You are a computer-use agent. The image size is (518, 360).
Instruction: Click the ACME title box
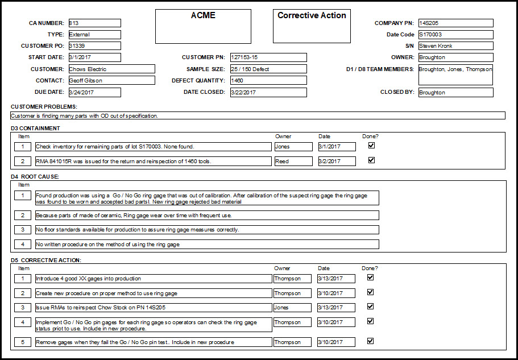click(x=203, y=26)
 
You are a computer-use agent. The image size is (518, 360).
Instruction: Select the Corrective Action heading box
click(x=312, y=26)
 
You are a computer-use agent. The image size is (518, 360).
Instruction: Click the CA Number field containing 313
click(x=94, y=23)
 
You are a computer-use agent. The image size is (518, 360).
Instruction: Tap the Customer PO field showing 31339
click(x=94, y=46)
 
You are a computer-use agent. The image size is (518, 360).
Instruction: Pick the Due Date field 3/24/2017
click(x=94, y=92)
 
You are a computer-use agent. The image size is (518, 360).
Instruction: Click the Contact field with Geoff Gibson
click(x=111, y=81)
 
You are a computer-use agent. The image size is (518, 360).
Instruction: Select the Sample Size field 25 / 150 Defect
click(x=268, y=69)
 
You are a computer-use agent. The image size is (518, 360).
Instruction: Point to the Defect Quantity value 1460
click(x=268, y=81)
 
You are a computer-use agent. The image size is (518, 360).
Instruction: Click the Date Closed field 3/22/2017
click(x=268, y=92)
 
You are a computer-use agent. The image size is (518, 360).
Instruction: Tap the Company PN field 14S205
click(x=455, y=23)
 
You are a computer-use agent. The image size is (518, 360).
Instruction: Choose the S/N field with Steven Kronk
click(x=455, y=46)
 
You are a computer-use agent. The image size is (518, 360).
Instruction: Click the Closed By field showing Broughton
click(x=455, y=92)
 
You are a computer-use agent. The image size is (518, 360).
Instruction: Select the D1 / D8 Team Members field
click(x=455, y=75)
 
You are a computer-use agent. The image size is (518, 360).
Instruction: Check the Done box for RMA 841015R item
click(x=371, y=160)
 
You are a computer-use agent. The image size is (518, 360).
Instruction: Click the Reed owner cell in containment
click(x=293, y=162)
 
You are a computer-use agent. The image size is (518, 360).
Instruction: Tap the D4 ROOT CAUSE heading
click(x=35, y=177)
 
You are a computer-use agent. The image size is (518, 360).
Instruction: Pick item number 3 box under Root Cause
click(x=23, y=230)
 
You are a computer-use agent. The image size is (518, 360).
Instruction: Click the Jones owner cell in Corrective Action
click(x=292, y=307)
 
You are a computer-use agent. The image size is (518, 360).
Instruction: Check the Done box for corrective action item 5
click(x=371, y=341)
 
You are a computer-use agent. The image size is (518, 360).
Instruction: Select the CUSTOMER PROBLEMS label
click(x=44, y=107)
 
